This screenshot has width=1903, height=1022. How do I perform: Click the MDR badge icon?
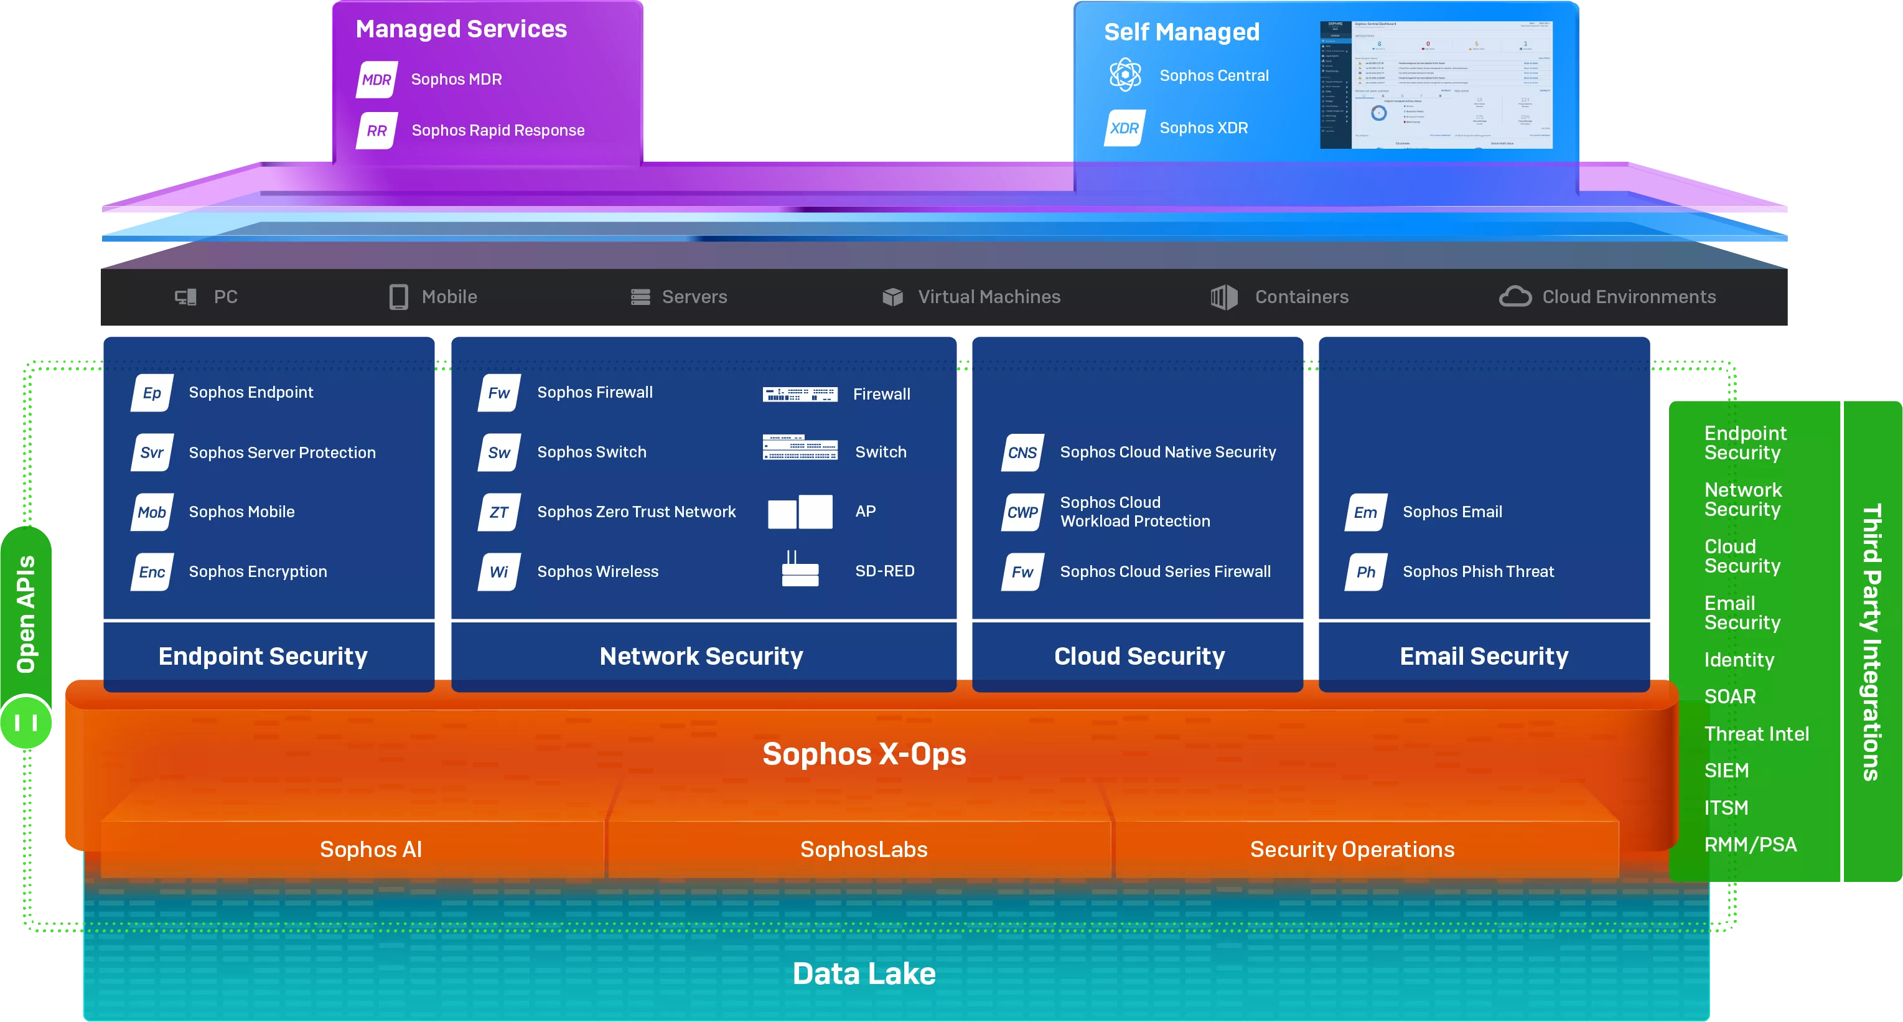(376, 80)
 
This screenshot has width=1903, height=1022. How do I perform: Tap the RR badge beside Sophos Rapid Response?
(376, 131)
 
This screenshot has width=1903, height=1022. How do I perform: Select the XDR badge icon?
(1124, 128)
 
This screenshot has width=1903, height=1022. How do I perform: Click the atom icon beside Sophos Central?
(1125, 75)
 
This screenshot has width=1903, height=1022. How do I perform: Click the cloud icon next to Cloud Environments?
(1515, 296)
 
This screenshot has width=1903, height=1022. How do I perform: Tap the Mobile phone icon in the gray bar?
(398, 296)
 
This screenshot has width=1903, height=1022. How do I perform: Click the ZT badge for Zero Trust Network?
(499, 512)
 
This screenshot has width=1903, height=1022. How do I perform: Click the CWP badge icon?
(1022, 512)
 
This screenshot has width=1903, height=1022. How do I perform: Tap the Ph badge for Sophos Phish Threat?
(1366, 571)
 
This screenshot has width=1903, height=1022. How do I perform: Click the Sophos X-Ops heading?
(864, 754)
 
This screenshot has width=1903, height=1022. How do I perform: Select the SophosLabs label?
(864, 849)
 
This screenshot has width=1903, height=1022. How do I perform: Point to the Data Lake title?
(864, 973)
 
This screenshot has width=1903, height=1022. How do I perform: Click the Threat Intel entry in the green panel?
(1756, 733)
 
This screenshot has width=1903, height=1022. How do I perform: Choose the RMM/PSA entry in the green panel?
(1749, 844)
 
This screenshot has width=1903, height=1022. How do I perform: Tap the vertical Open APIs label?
(27, 613)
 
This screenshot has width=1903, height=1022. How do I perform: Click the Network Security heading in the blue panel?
(701, 656)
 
